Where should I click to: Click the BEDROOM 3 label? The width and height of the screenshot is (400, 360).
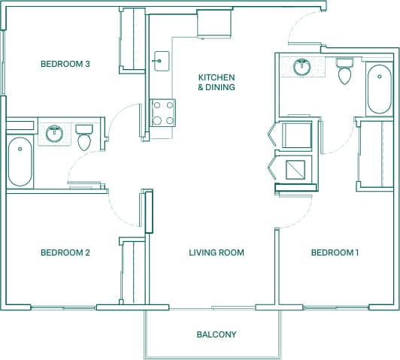(x=65, y=65)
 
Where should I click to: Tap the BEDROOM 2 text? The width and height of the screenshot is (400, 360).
(x=65, y=253)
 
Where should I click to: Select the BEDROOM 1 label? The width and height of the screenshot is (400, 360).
(x=335, y=253)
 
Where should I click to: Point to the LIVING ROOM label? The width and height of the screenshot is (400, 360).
(x=217, y=253)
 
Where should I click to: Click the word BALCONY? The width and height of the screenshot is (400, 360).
(x=217, y=334)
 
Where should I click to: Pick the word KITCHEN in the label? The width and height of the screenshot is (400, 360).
(x=217, y=77)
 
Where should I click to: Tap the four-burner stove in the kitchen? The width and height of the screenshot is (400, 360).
(x=163, y=113)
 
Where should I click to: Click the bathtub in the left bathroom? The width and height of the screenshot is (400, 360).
(x=20, y=162)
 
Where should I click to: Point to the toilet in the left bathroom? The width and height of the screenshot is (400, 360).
(x=83, y=138)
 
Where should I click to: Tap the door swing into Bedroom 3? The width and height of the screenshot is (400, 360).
(x=123, y=120)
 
